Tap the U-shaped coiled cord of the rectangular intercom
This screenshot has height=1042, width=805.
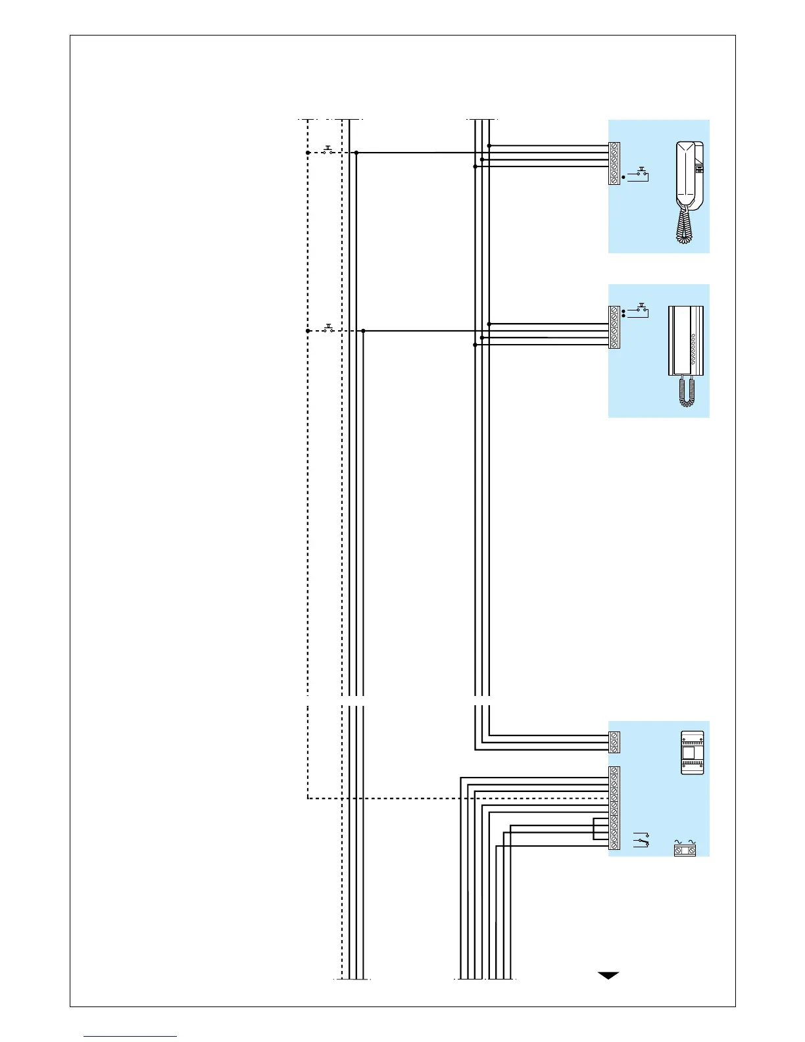[687, 392]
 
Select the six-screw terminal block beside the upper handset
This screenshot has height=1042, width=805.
[614, 163]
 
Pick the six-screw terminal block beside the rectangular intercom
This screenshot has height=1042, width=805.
[614, 327]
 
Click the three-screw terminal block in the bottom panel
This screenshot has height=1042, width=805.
[614, 742]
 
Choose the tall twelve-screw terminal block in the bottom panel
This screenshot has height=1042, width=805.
[614, 808]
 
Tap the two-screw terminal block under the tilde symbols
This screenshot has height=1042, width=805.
[685, 851]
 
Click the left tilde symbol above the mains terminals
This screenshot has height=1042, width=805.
[678, 841]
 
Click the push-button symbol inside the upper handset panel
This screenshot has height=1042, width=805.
[639, 175]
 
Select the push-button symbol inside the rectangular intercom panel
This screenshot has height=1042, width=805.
[639, 310]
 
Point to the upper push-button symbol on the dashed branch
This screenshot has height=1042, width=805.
[328, 149]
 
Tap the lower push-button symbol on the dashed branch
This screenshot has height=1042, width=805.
[328, 328]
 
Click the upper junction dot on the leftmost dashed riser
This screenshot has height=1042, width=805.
[308, 153]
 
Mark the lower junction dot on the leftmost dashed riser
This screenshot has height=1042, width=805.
[308, 331]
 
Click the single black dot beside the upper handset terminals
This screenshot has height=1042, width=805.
[623, 177]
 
